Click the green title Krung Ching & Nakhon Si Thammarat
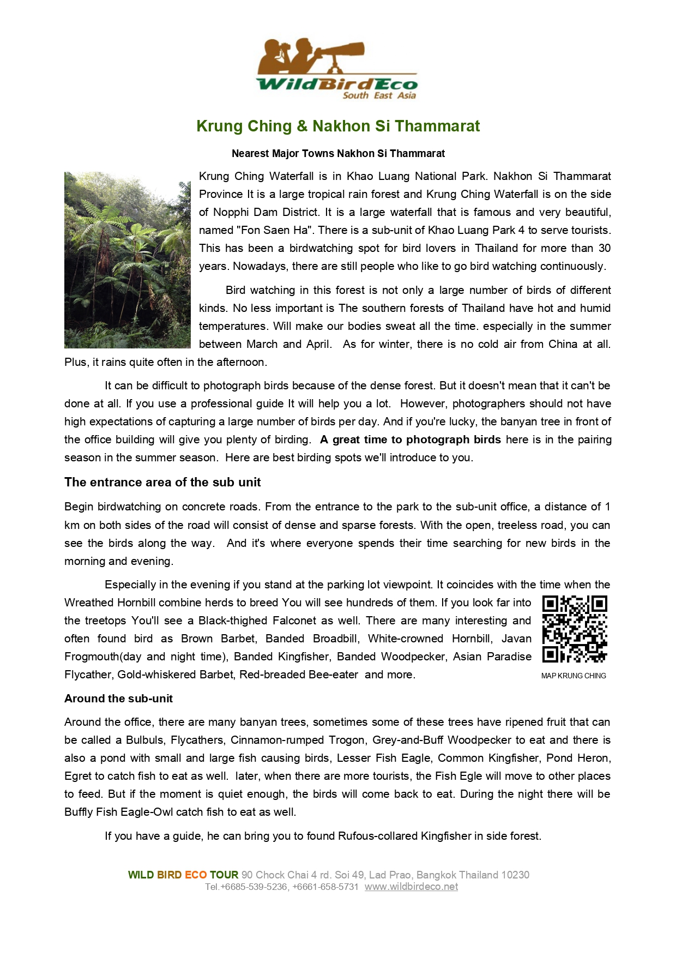point(338,127)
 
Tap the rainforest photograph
point(128,260)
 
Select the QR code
point(575,629)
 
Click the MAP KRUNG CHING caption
point(574,676)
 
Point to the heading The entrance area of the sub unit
point(162,483)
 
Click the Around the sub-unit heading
point(118,699)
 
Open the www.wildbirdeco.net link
point(411,887)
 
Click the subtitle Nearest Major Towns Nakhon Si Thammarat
point(338,154)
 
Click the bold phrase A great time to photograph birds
point(411,440)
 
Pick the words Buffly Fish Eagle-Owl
point(119,812)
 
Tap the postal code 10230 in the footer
point(515,875)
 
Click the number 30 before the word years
point(604,248)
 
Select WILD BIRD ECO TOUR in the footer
point(183,875)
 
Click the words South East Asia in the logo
point(379,95)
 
